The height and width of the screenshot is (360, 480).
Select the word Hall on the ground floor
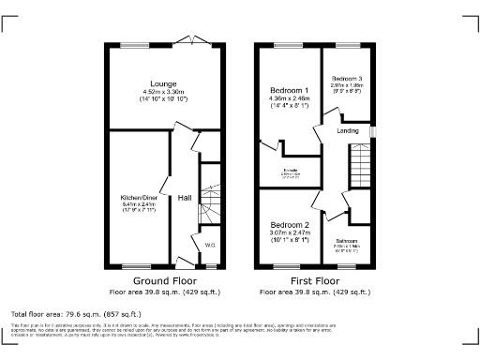pos(185,198)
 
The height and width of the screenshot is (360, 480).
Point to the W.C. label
pos(210,247)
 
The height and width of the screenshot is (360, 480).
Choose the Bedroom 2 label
pos(290,226)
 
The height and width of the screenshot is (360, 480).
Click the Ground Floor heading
pos(165,279)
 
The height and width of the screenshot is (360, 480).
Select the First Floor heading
pos(312,279)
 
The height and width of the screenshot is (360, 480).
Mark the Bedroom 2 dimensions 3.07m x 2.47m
pos(290,234)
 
